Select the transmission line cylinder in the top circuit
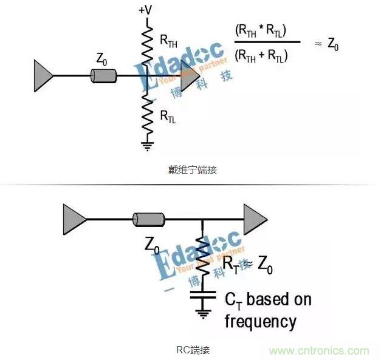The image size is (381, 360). tap(104, 76)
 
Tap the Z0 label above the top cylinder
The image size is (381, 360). tap(101, 59)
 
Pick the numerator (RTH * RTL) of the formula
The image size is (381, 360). tap(261, 30)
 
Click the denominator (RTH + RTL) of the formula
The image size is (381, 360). tap(261, 56)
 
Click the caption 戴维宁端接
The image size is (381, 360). tap(193, 170)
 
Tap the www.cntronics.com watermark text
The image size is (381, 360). tap(319, 351)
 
